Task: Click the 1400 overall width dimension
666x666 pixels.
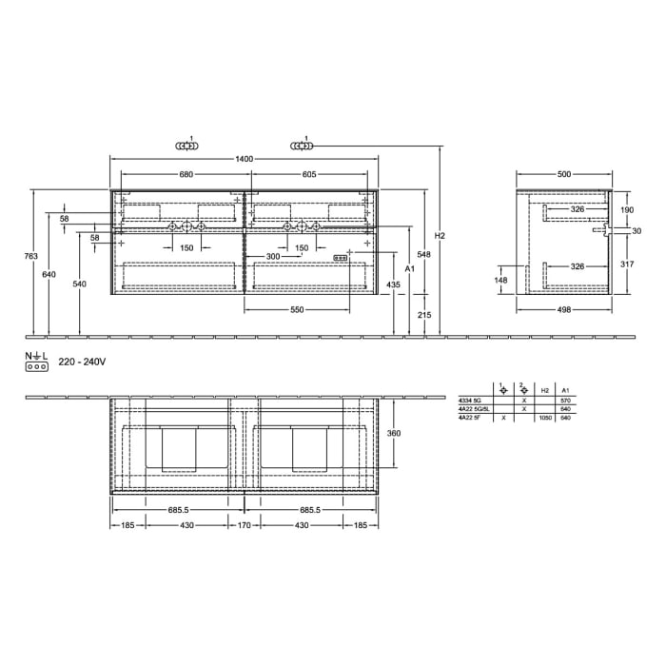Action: (245, 159)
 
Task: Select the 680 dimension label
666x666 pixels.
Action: (186, 174)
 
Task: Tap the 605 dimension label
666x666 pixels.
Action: (310, 174)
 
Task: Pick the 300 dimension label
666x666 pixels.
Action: (273, 257)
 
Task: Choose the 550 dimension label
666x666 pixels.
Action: (297, 310)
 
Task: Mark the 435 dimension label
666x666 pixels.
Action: (394, 285)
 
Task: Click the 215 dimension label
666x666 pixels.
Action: (424, 315)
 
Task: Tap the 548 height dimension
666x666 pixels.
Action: (424, 254)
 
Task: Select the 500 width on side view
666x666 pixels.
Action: (563, 174)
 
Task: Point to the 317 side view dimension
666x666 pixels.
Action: (627, 265)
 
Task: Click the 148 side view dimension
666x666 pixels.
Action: (502, 280)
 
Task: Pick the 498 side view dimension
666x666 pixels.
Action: (563, 310)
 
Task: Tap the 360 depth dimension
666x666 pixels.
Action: (395, 433)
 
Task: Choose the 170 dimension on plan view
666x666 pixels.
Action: (245, 525)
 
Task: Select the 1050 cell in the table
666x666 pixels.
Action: (545, 418)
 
